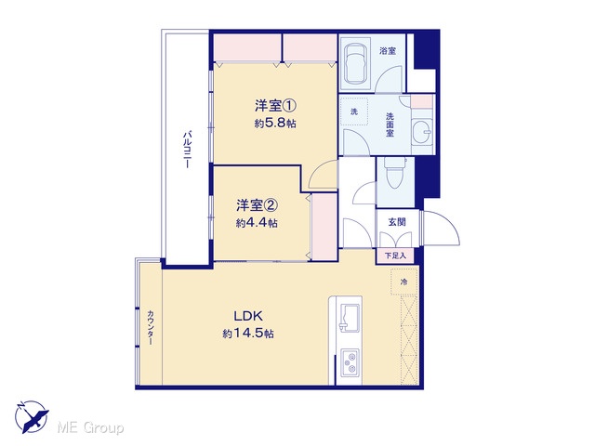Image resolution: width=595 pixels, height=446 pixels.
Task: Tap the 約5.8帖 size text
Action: pyautogui.click(x=275, y=124)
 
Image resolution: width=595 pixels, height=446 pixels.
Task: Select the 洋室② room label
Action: pyautogui.click(x=258, y=205)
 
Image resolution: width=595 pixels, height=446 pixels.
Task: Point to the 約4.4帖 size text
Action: pyautogui.click(x=257, y=223)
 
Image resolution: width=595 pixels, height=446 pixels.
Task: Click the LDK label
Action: pyautogui.click(x=248, y=316)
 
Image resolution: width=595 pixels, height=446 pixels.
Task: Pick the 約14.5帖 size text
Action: pyautogui.click(x=248, y=334)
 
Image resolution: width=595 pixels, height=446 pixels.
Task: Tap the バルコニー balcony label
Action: pyautogui.click(x=187, y=149)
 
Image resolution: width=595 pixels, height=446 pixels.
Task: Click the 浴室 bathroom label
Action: pyautogui.click(x=388, y=51)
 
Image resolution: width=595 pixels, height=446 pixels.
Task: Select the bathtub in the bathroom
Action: pyautogui.click(x=355, y=62)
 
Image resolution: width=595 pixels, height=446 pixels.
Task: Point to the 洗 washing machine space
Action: pyautogui.click(x=354, y=111)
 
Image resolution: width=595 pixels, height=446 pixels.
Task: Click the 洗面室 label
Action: pyautogui.click(x=390, y=125)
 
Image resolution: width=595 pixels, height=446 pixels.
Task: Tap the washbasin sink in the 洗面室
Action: pyautogui.click(x=422, y=132)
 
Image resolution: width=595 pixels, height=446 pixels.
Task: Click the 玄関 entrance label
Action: pyautogui.click(x=397, y=222)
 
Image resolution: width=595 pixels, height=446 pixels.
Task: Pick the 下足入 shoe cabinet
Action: pyautogui.click(x=395, y=256)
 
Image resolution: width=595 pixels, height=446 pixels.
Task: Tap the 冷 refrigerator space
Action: pyautogui.click(x=404, y=282)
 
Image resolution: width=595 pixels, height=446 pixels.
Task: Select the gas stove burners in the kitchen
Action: pyautogui.click(x=350, y=362)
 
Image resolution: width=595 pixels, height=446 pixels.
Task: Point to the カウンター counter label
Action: pyautogui.click(x=151, y=328)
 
